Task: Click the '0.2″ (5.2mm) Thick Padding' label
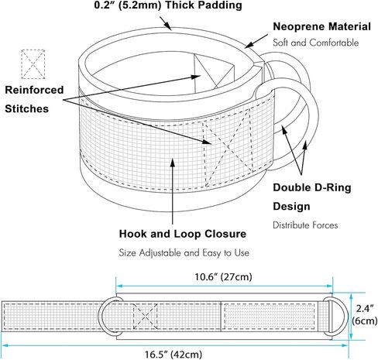[x=168, y=5]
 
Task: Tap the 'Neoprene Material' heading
[x=322, y=26]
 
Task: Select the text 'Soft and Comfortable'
[x=316, y=43]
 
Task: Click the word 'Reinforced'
[x=34, y=90]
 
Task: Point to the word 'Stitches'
[x=26, y=108]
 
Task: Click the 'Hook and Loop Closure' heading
[x=183, y=234]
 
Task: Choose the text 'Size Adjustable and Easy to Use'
[x=184, y=252]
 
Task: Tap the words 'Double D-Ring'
[x=312, y=187]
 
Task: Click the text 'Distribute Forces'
[x=305, y=225]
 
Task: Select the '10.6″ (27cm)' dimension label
[x=223, y=277]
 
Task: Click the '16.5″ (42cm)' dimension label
[x=173, y=355]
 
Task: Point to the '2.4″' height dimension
[x=365, y=309]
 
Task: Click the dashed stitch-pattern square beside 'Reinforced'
[x=33, y=64]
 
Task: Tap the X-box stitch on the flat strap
[x=145, y=317]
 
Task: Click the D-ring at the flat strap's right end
[x=337, y=317]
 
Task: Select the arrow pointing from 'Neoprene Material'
[x=256, y=41]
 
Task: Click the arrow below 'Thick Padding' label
[x=166, y=23]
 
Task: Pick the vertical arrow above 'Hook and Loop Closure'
[x=173, y=191]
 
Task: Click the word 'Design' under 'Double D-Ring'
[x=291, y=207]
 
